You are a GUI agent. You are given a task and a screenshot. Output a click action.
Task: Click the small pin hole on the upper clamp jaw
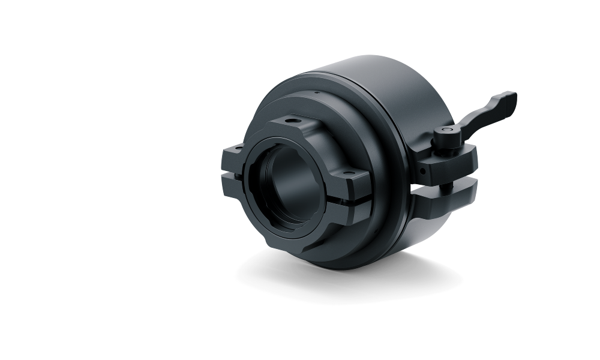coord(424,170)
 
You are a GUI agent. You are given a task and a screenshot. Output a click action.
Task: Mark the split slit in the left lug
coord(232,172)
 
